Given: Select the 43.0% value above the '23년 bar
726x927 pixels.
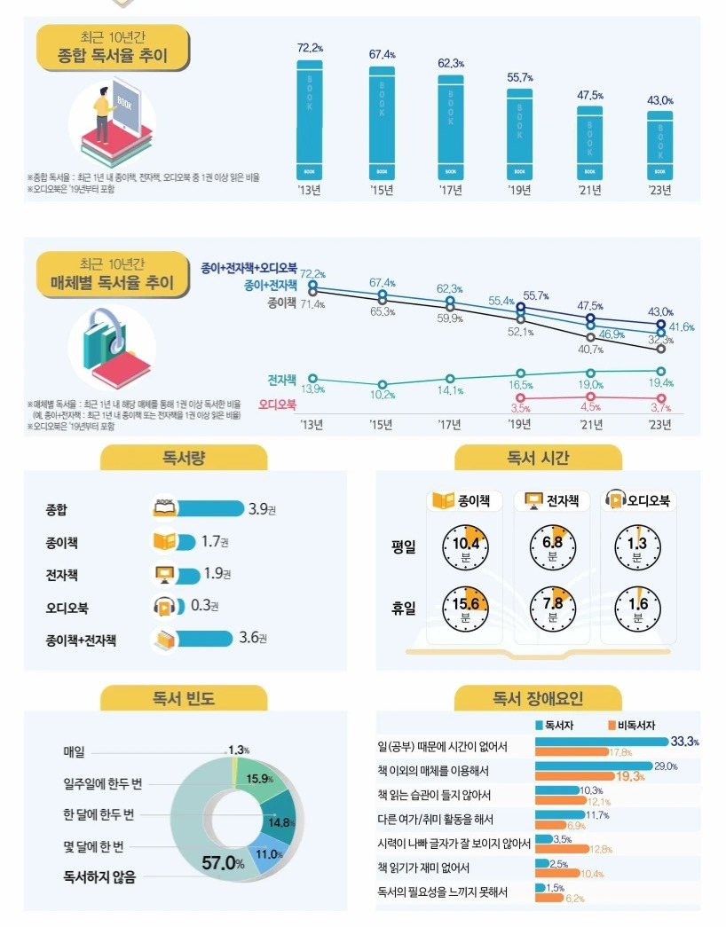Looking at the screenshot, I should (x=659, y=101).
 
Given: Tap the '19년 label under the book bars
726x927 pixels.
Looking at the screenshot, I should (x=519, y=190).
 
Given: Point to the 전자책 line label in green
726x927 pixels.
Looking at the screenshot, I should (x=281, y=380).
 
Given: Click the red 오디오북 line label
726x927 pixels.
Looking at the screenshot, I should (x=277, y=405).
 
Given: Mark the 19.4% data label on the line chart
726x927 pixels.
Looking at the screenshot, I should (x=660, y=382).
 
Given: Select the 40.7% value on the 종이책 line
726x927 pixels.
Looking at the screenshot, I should (x=590, y=349).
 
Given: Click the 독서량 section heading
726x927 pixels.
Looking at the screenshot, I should (x=184, y=458).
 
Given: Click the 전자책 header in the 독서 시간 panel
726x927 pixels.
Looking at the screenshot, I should (x=551, y=501).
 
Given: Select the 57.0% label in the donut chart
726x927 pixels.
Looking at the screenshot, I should (x=223, y=862).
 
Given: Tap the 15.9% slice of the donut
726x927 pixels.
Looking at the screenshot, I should (x=260, y=778).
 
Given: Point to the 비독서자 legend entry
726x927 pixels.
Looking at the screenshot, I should (x=632, y=725).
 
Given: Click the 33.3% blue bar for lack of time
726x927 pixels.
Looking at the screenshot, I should (x=601, y=741).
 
